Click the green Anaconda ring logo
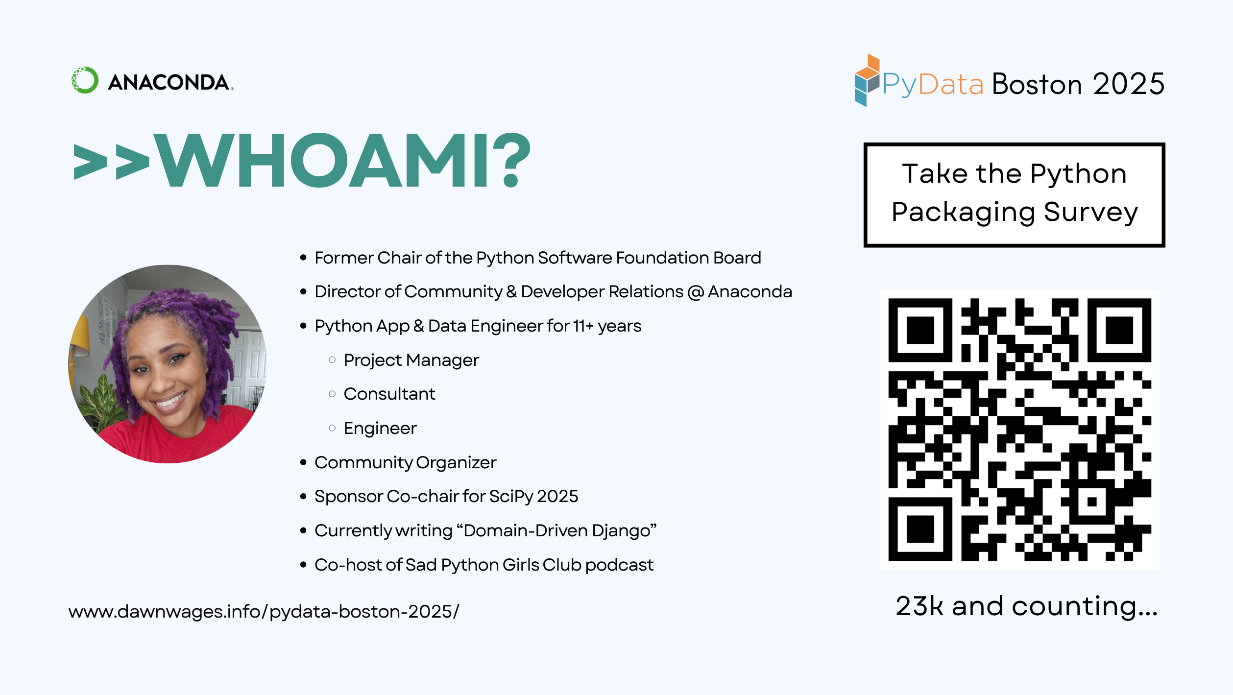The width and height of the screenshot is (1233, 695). [x=85, y=80]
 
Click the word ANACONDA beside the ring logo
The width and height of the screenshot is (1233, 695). [x=170, y=82]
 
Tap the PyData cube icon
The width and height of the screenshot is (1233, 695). [x=867, y=80]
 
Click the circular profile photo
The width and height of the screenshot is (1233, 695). [x=167, y=364]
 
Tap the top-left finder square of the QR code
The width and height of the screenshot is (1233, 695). [x=920, y=330]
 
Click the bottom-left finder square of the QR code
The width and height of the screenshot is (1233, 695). [x=920, y=529]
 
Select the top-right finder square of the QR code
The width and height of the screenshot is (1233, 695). [x=1119, y=330]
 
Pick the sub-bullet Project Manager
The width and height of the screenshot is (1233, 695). [x=411, y=360]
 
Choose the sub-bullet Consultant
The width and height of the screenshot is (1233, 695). [x=389, y=394]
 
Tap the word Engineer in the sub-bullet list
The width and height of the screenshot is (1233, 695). [x=380, y=428]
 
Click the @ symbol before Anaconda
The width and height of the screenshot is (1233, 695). [x=696, y=292]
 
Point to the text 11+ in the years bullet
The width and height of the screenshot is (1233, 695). [x=583, y=326]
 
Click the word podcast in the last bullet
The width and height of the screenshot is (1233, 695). [x=619, y=565]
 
